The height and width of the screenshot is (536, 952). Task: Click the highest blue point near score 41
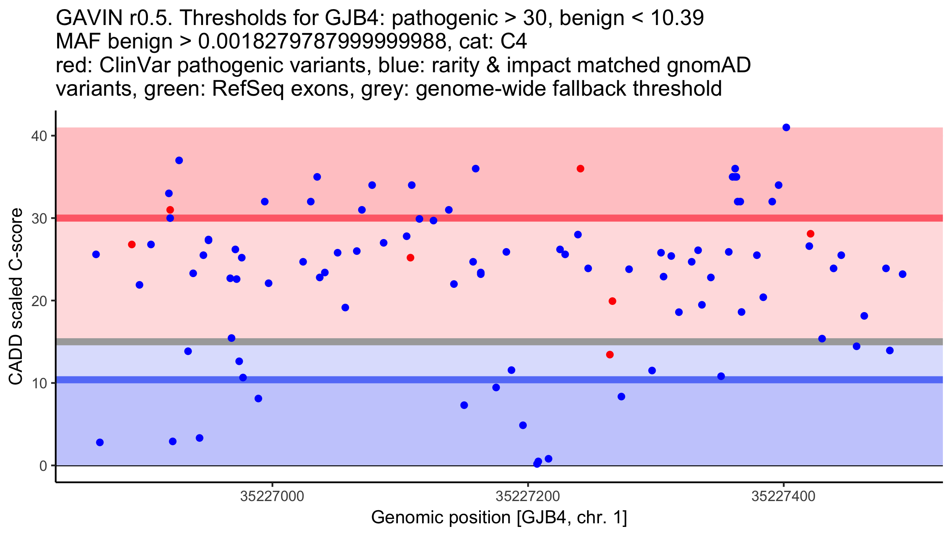click(786, 127)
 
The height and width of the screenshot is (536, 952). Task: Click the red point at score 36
click(580, 169)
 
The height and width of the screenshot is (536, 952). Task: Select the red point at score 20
click(612, 301)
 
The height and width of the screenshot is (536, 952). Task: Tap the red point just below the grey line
click(610, 355)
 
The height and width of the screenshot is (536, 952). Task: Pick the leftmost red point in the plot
click(132, 245)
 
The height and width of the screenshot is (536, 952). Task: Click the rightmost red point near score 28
click(810, 234)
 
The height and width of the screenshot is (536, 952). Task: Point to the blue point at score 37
click(179, 160)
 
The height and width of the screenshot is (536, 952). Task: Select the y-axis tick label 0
click(43, 466)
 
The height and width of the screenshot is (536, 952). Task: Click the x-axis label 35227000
click(272, 496)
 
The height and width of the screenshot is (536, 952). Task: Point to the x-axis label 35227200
click(528, 496)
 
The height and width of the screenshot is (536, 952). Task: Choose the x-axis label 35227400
click(783, 496)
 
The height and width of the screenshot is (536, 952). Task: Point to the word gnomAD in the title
click(708, 66)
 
